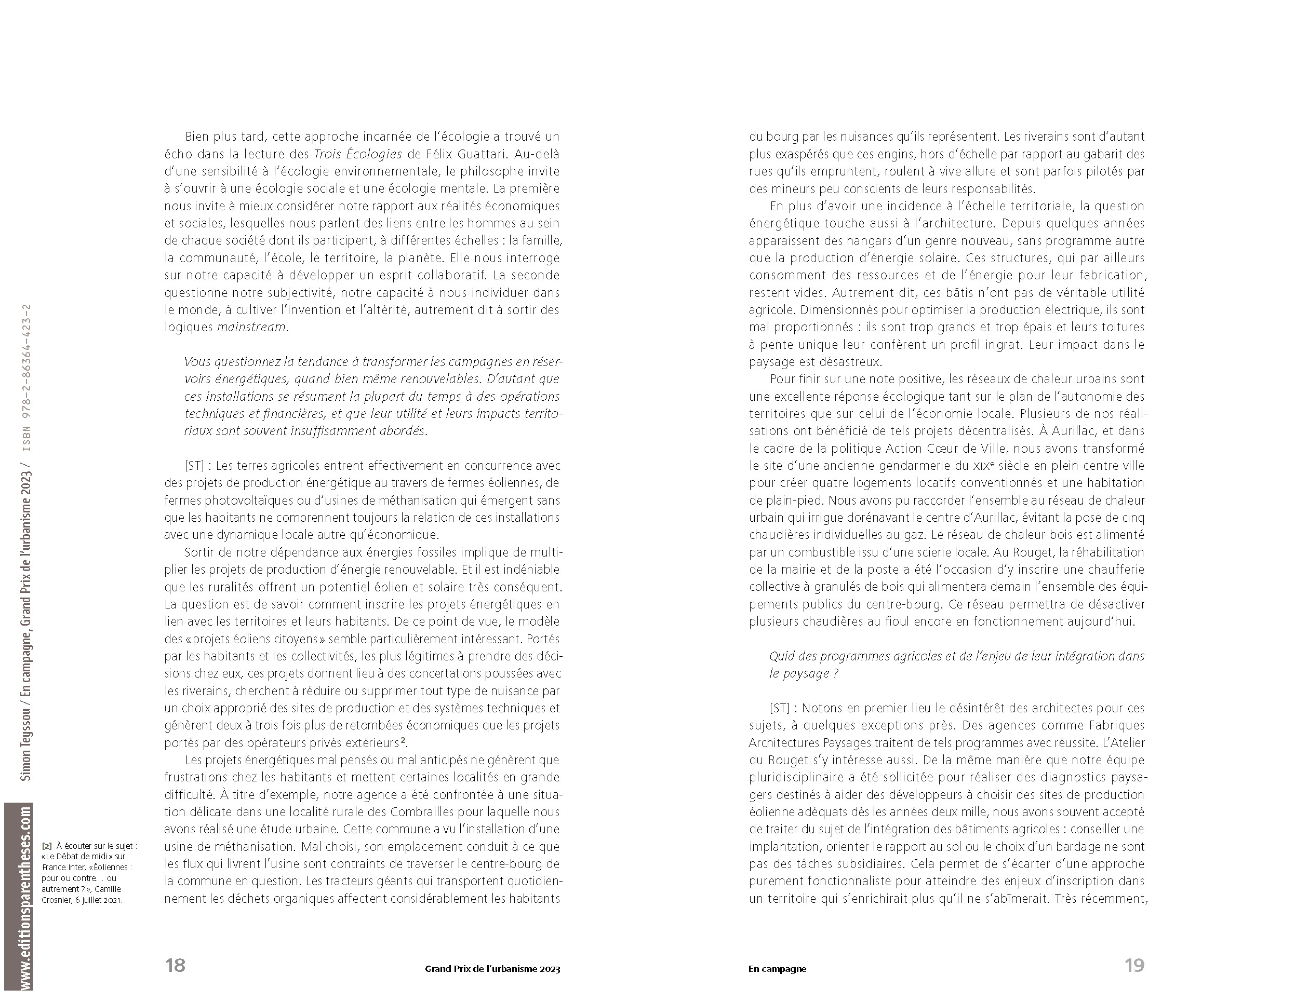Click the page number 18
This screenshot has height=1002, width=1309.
click(x=176, y=965)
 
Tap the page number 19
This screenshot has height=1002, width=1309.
click(x=1134, y=965)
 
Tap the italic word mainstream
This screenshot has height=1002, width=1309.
click(x=251, y=328)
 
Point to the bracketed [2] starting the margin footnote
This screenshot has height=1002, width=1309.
click(x=46, y=846)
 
